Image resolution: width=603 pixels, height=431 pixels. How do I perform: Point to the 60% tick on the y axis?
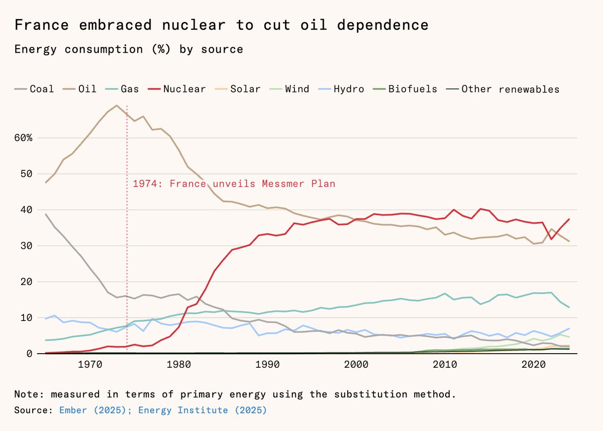click(x=23, y=138)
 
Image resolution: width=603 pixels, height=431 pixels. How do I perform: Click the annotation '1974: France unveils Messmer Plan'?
click(x=234, y=184)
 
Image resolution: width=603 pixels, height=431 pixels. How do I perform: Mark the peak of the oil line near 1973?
click(x=117, y=105)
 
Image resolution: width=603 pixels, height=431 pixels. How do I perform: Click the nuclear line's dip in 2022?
click(x=551, y=239)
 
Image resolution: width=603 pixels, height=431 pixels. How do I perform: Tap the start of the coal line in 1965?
click(x=46, y=214)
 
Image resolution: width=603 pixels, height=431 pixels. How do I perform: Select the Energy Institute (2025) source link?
click(x=203, y=410)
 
